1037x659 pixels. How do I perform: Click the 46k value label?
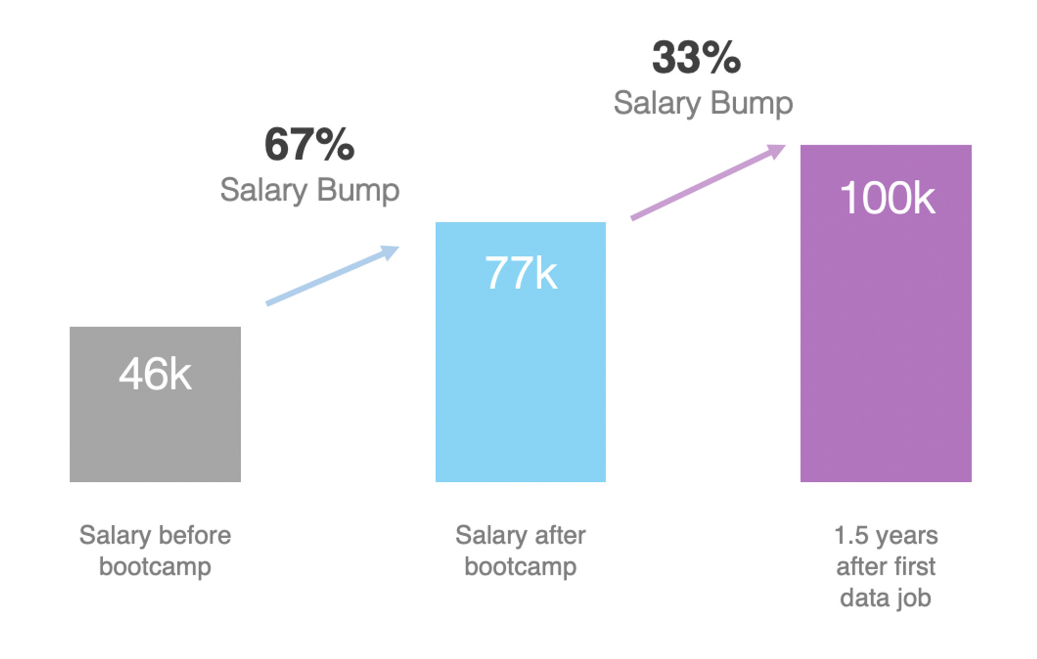click(155, 374)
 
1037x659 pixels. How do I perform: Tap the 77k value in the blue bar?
click(521, 273)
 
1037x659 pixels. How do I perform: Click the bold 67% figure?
click(310, 145)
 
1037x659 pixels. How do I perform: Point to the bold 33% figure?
click(696, 58)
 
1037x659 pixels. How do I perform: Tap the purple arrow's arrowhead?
click(777, 151)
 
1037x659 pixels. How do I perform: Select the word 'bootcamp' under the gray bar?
click(155, 567)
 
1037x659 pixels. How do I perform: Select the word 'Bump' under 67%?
click(358, 190)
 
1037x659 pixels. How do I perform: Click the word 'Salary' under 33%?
click(657, 103)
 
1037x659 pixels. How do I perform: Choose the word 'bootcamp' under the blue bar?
click(521, 567)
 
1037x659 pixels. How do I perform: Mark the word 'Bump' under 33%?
click(751, 103)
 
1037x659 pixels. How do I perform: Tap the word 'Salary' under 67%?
click(263, 190)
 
